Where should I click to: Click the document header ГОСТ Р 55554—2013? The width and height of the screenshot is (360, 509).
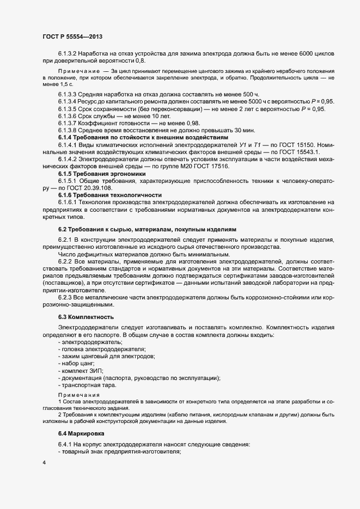point(72,36)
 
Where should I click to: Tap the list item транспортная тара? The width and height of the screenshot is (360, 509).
point(87,385)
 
